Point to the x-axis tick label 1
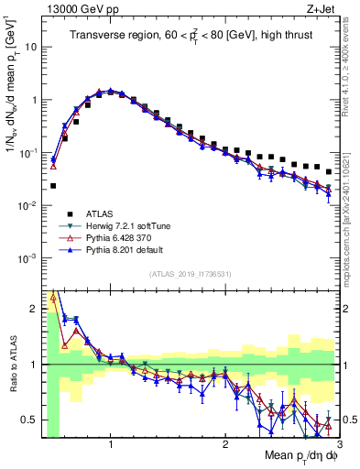tap(111, 444)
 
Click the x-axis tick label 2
tap(225, 444)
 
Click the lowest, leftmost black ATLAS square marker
tap(53, 185)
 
